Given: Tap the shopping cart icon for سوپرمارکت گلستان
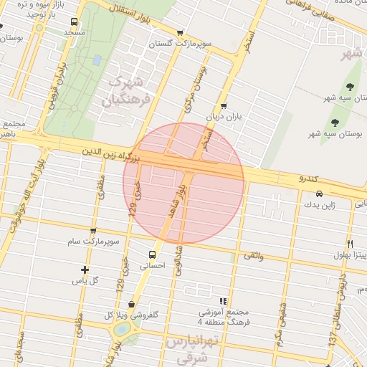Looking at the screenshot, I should point(179,32).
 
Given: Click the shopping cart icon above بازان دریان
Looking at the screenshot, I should point(224,105).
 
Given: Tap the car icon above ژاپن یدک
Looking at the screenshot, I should point(319,194).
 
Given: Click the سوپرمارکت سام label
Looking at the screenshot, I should point(94,242).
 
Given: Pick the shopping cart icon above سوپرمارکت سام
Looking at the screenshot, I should point(93,230).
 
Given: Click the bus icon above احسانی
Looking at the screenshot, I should point(152,254).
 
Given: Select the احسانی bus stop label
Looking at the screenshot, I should point(151,266).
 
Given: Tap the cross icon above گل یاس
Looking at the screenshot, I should point(85,270).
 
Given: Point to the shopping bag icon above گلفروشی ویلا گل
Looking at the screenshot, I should point(131,304).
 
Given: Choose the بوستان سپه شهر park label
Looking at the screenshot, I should point(340,133).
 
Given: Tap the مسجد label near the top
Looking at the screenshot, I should point(75,33).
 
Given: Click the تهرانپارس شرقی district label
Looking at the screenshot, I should point(188,349).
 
